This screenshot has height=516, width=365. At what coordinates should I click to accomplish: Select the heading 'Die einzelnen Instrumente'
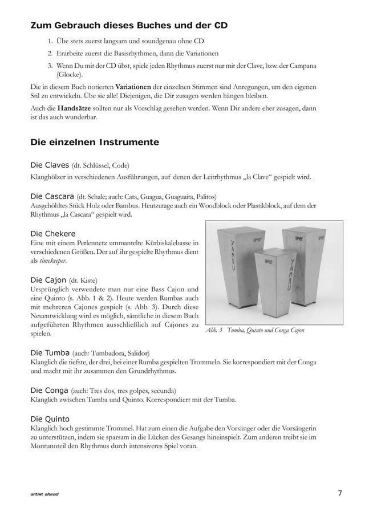point(94,141)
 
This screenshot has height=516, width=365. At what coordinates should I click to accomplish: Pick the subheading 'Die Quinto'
point(51,419)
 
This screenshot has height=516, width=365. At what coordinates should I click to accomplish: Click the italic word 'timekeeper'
point(51,261)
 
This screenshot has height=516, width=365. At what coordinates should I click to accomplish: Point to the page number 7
point(339,493)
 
